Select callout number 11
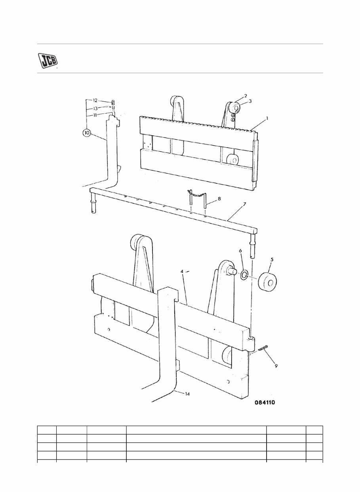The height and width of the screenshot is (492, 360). click(95, 115)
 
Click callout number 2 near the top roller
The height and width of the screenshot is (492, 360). click(245, 96)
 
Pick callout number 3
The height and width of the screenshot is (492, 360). click(250, 101)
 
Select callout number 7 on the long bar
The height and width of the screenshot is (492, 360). click(244, 204)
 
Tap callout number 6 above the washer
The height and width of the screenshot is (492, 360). click(240, 251)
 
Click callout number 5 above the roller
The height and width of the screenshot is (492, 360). click(272, 260)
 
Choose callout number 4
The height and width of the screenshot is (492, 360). click(182, 272)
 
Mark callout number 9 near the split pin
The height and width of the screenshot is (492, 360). click(276, 365)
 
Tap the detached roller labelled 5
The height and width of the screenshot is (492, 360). click(268, 280)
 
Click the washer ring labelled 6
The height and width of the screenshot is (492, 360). click(244, 274)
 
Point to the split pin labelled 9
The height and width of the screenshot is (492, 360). click(262, 348)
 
